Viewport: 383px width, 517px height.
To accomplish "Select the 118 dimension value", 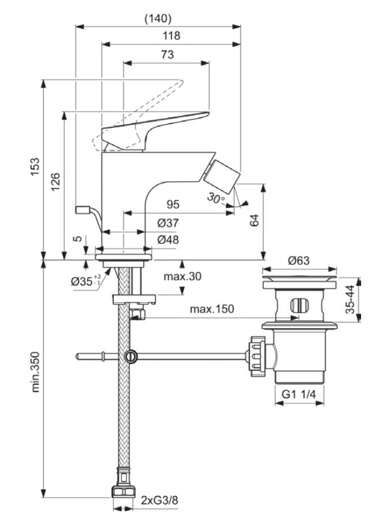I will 171,36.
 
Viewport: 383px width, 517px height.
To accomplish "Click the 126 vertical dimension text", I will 55,183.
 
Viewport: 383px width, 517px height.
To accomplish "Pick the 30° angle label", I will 216,198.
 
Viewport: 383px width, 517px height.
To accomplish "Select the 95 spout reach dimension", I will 173,204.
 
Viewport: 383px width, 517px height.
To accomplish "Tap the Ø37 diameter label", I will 168,223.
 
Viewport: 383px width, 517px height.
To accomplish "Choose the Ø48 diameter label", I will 168,240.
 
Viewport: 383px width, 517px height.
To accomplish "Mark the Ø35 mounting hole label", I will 85,281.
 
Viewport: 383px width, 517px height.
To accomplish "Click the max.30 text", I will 182,276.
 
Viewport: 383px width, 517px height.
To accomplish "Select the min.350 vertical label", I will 36,373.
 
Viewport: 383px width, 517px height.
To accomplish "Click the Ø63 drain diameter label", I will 299,261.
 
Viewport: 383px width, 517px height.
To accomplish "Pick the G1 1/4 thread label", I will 299,395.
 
